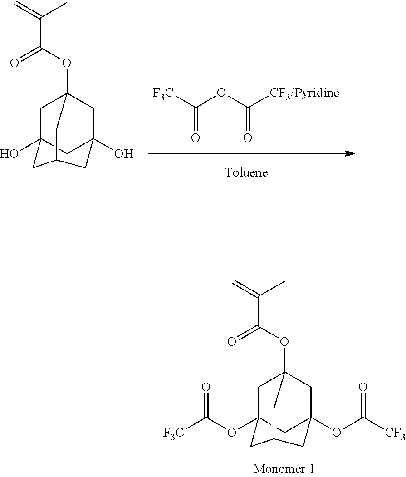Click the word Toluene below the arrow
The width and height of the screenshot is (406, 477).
pyautogui.click(x=246, y=173)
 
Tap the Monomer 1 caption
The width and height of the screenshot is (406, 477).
pyautogui.click(x=284, y=468)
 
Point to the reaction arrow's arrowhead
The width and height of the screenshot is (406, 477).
pyautogui.click(x=350, y=153)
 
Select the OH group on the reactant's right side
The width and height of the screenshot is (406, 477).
pyautogui.click(x=123, y=154)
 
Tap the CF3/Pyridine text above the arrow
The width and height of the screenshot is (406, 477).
pyautogui.click(x=304, y=93)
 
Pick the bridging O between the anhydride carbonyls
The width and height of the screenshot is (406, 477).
pyautogui.click(x=221, y=94)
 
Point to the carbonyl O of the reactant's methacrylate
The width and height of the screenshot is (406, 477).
pyautogui.click(x=15, y=63)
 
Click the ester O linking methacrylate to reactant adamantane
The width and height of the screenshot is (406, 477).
pyautogui.click(x=67, y=63)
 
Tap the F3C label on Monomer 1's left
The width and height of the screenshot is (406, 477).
pyautogui.click(x=173, y=433)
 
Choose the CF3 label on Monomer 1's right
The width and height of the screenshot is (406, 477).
pyautogui.click(x=395, y=433)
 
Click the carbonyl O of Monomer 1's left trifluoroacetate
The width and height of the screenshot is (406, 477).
pyautogui.click(x=206, y=388)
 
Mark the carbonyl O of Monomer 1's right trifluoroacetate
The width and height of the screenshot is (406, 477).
pyautogui.click(x=362, y=388)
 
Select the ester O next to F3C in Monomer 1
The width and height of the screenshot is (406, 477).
pyautogui.click(x=232, y=433)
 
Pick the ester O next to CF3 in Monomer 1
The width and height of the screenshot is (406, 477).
pyautogui.click(x=336, y=433)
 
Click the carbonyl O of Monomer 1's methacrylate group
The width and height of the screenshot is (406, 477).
pyautogui.click(x=232, y=341)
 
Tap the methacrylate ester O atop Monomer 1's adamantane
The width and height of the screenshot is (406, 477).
pyautogui.click(x=284, y=341)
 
